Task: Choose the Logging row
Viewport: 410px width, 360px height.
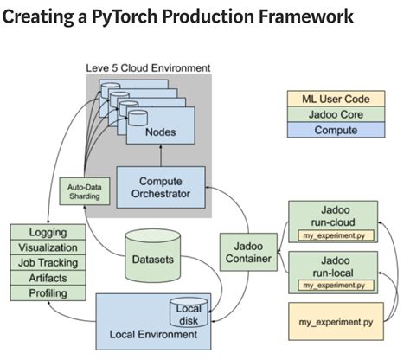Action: click(48, 232)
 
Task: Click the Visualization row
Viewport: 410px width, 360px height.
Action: click(48, 247)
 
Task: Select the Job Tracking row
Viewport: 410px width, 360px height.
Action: click(48, 262)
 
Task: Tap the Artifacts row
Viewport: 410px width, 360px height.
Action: click(48, 278)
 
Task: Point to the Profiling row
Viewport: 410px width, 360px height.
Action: click(48, 293)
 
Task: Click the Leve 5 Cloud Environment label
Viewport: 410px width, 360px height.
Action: click(148, 67)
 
